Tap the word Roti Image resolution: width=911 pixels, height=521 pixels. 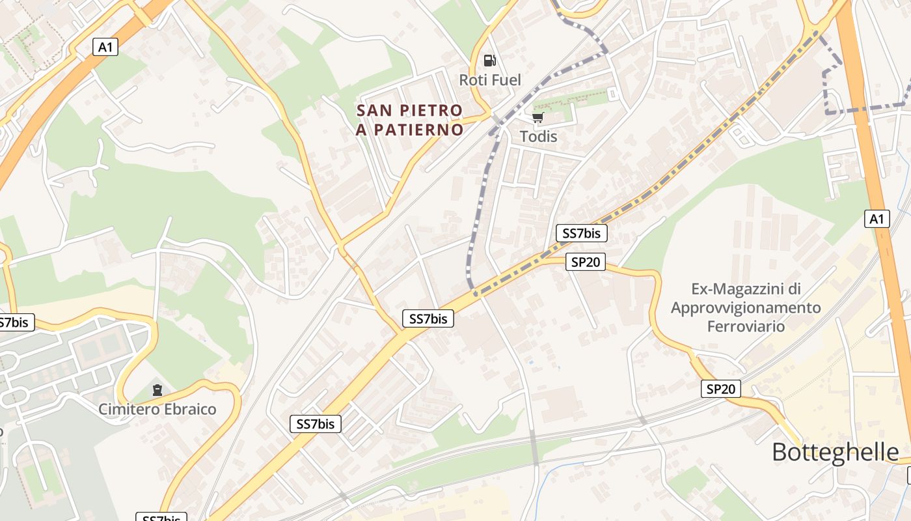[473, 80]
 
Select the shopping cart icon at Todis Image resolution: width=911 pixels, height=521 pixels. [537, 117]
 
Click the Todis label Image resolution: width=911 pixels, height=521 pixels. [539, 137]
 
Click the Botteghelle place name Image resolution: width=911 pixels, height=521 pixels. [836, 452]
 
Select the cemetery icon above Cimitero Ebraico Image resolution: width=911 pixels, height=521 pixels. [157, 390]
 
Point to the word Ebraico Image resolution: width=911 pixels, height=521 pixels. [189, 410]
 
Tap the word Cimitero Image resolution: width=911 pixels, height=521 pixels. [128, 410]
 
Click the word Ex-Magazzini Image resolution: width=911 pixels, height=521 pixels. [737, 289]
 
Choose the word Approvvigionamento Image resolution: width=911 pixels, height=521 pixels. [746, 307]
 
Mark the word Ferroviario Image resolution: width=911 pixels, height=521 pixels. [746, 326]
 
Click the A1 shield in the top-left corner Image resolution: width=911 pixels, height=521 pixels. [105, 47]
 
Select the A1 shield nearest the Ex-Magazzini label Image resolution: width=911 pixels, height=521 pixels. [877, 219]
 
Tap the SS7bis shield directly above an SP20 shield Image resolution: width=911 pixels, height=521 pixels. [581, 233]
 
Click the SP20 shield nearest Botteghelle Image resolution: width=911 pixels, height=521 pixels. [722, 389]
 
